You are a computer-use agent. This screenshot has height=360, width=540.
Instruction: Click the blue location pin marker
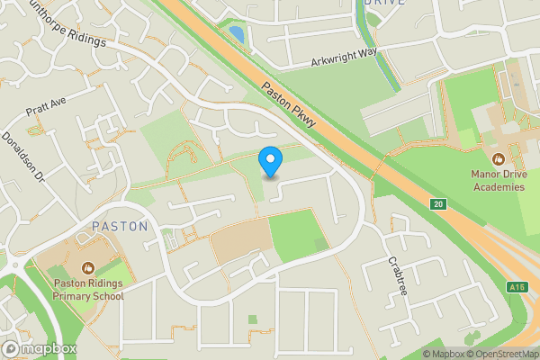tap(270, 162)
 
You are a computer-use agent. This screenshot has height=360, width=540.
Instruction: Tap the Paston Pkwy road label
tap(289, 106)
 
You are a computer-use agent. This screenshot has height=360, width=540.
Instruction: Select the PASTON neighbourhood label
tap(120, 227)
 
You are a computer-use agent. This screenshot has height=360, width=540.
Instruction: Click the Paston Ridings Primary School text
tap(86, 288)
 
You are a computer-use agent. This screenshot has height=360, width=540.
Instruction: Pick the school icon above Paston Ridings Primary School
tap(87, 266)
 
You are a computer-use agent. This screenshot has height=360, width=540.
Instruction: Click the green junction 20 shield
tap(437, 204)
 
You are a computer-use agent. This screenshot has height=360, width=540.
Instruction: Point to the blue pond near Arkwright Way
tap(236, 36)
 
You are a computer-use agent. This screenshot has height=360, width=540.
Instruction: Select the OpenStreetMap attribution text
tap(502, 354)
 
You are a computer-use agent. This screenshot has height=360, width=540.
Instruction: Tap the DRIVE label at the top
tap(384, 3)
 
